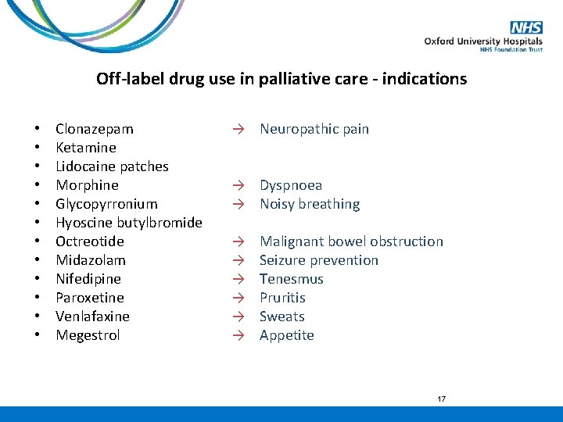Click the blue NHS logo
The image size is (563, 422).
(x=526, y=28)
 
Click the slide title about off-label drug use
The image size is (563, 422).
(x=281, y=79)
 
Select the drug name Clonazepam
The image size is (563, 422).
(x=95, y=129)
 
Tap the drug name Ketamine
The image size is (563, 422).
(x=86, y=148)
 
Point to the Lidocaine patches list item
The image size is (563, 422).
(x=112, y=166)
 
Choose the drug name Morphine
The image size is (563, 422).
(x=87, y=185)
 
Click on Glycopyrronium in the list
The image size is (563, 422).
(x=106, y=204)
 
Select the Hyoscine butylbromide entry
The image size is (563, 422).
(x=129, y=223)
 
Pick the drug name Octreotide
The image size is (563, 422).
(x=90, y=241)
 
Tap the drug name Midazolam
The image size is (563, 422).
(x=91, y=260)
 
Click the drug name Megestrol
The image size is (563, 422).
(x=88, y=335)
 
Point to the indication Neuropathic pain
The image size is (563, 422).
(x=314, y=129)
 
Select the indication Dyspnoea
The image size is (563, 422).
(x=291, y=185)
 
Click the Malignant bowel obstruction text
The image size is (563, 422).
(x=351, y=241)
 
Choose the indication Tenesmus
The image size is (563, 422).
(x=292, y=279)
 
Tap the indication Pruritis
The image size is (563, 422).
(x=282, y=298)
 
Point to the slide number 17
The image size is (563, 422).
(x=441, y=399)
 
